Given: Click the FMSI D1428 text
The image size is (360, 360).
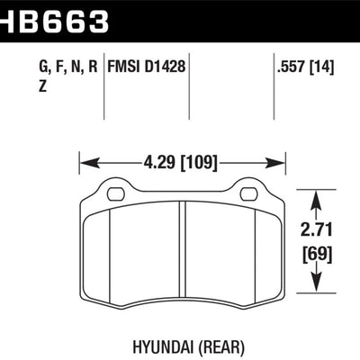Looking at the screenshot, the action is click(x=147, y=67).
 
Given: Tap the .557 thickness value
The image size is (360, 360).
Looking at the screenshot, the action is click(x=291, y=67).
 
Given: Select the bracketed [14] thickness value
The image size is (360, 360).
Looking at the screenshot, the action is click(x=321, y=67).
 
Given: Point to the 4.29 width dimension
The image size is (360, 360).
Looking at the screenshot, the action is click(x=159, y=163).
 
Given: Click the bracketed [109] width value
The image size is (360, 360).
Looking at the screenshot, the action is click(x=199, y=164).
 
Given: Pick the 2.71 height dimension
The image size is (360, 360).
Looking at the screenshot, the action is click(x=317, y=230).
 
